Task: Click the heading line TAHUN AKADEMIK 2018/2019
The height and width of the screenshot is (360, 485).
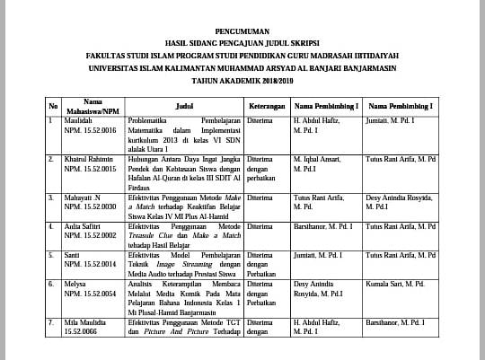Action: coord(242,80)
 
